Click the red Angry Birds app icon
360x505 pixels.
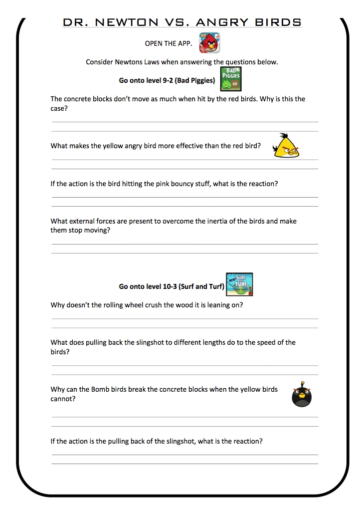[210, 42]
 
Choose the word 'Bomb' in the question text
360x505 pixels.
[102, 389]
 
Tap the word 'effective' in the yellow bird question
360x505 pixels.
[191, 146]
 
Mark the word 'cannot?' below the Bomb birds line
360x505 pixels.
[63, 399]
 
